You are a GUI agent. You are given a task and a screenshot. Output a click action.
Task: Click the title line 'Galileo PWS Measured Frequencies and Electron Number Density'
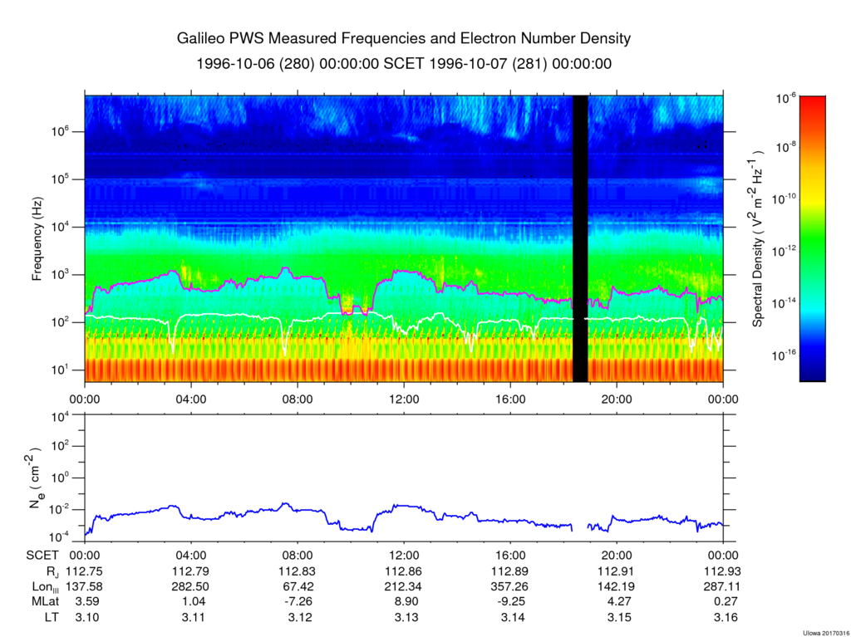point(404,39)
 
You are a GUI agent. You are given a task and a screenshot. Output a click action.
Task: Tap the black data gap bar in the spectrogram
point(580,239)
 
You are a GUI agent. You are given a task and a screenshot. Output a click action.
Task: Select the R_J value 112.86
point(404,571)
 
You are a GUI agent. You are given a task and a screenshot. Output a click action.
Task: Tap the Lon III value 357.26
point(510,586)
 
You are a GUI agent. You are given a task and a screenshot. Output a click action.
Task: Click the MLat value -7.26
point(298,601)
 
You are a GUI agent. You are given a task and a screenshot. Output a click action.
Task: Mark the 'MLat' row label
point(43,601)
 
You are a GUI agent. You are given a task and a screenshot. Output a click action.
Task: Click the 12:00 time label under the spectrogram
point(404,398)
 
